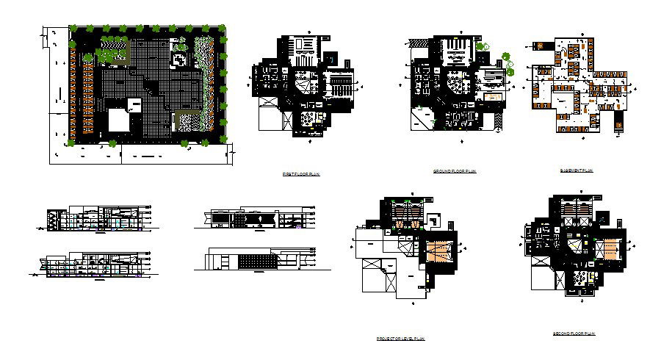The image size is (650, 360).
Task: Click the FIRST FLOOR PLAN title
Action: (x=301, y=174)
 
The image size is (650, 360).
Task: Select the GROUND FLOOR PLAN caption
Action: (x=455, y=171)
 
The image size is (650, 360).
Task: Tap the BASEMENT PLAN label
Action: (x=577, y=170)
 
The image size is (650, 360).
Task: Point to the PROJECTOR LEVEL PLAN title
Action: (x=400, y=339)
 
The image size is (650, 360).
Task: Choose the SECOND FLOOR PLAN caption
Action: (x=574, y=334)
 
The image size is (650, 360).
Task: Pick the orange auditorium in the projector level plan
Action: (x=441, y=251)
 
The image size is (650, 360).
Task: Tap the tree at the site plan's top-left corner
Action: (x=73, y=30)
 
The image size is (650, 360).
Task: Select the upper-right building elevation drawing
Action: (x=257, y=218)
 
